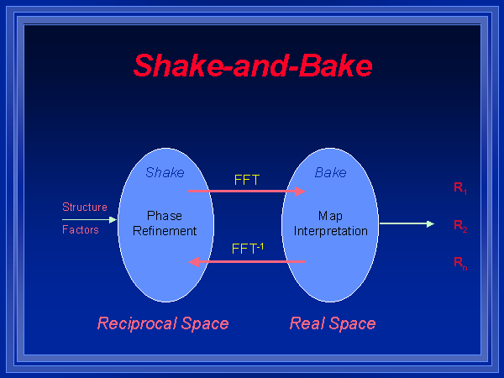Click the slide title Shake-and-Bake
coord(252,66)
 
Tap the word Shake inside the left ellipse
coord(165,173)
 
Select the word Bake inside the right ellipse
coord(330,173)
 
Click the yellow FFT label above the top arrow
coord(248,180)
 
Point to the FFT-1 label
coord(248,249)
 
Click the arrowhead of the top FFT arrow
coord(300,192)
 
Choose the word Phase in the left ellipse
coord(165,216)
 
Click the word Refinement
coord(165,231)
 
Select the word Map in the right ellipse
coord(330,216)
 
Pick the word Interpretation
coord(331,231)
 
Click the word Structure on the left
coord(85,207)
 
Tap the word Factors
coord(81,229)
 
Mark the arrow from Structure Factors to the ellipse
coord(101,219)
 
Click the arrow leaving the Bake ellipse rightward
coord(407,223)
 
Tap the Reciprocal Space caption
coord(163,323)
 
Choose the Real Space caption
coord(333,323)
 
